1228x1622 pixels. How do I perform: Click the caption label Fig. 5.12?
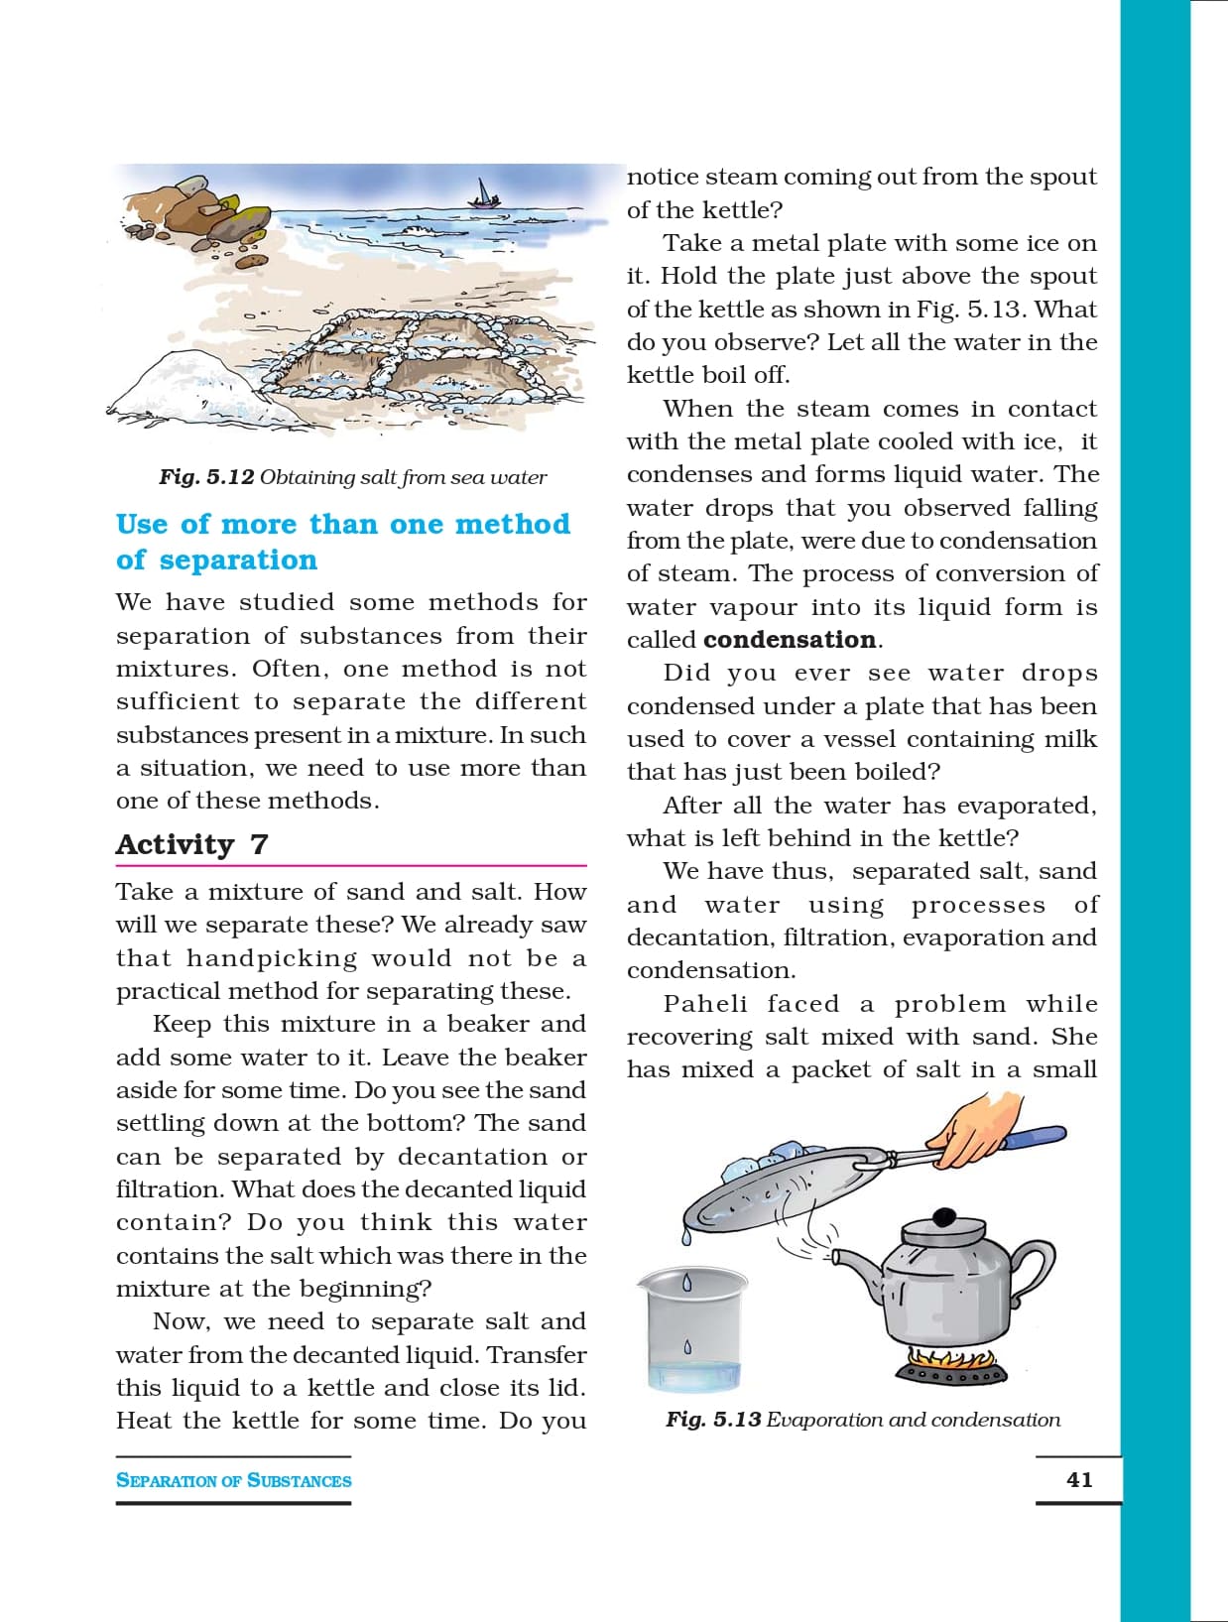tap(206, 477)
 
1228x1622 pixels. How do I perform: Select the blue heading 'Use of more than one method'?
tap(343, 524)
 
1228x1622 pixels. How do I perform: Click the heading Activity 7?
tap(191, 844)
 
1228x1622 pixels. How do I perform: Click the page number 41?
tap(1079, 1479)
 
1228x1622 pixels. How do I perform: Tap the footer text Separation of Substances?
tap(233, 1480)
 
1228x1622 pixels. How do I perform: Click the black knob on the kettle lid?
tap(944, 1217)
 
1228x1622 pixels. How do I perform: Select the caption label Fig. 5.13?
tap(713, 1420)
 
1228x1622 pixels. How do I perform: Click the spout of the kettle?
tap(851, 1262)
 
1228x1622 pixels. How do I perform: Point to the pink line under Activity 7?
tap(351, 866)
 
